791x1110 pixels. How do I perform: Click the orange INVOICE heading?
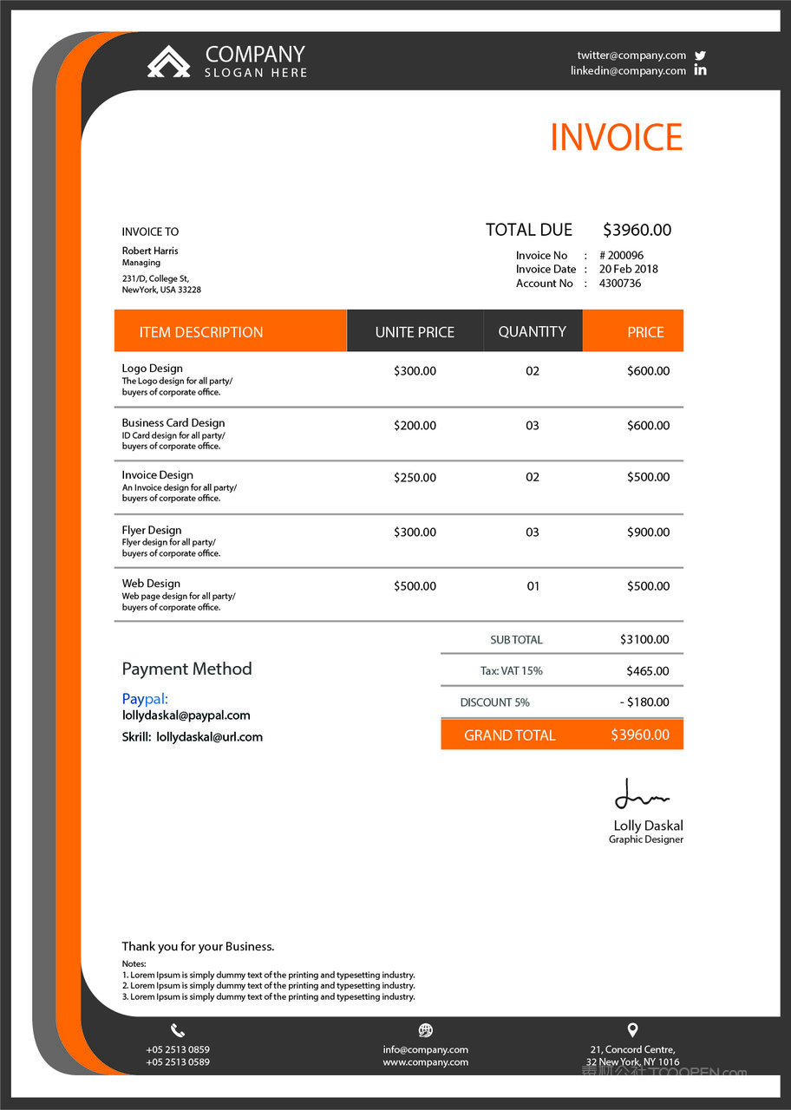click(616, 138)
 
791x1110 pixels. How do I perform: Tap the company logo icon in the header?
click(168, 62)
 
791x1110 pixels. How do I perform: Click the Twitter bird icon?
click(700, 55)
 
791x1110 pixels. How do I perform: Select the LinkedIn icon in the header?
click(700, 70)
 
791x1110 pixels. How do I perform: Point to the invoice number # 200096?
click(621, 255)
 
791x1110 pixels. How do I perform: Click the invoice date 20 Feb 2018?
click(628, 269)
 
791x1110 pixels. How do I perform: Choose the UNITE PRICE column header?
click(415, 332)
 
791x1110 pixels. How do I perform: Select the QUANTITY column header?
click(532, 331)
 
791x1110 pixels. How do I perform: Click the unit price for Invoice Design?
click(415, 477)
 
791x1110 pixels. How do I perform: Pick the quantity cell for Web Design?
click(533, 586)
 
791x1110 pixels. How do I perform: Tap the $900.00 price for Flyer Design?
click(648, 532)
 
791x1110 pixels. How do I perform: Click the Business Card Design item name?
click(173, 422)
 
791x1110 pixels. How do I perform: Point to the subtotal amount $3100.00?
click(644, 639)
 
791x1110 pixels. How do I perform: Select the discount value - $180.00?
click(644, 702)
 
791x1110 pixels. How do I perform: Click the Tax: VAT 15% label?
click(511, 670)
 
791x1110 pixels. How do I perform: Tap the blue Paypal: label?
click(145, 698)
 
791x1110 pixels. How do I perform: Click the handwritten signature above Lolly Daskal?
click(641, 794)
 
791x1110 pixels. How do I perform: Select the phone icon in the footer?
click(178, 1030)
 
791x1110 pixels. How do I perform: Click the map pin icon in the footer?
click(632, 1030)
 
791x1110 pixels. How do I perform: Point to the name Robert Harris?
click(150, 251)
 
